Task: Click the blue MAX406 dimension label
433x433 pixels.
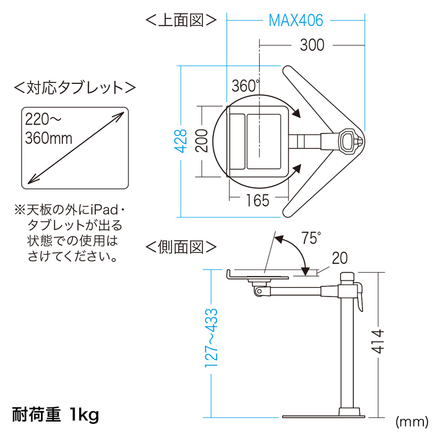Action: pos(296,21)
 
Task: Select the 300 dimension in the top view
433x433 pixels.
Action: pos(312,45)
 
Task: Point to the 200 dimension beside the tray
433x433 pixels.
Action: pos(202,141)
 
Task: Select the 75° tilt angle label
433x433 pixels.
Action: pos(311,239)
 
